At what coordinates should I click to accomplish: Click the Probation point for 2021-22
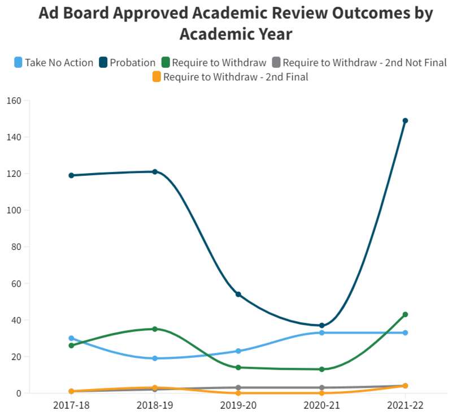click(405, 120)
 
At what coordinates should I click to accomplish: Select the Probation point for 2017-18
click(71, 175)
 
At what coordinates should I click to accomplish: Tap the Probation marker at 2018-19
click(155, 172)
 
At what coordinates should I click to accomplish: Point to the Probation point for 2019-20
click(238, 295)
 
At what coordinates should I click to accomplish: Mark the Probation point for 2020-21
click(322, 326)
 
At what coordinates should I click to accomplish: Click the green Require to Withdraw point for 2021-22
click(405, 314)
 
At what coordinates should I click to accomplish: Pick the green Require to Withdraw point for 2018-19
click(155, 329)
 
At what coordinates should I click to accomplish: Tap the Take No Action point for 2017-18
click(71, 338)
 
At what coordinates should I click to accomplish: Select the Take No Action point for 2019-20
click(238, 351)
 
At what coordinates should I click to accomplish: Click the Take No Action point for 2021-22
click(405, 332)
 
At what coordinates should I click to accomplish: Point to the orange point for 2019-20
click(238, 393)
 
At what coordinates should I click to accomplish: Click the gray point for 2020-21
click(322, 388)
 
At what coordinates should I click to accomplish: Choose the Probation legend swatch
click(103, 62)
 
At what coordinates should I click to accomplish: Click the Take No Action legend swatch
click(19, 62)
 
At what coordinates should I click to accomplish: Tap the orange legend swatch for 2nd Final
click(157, 77)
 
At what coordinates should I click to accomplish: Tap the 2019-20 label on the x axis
click(238, 405)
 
